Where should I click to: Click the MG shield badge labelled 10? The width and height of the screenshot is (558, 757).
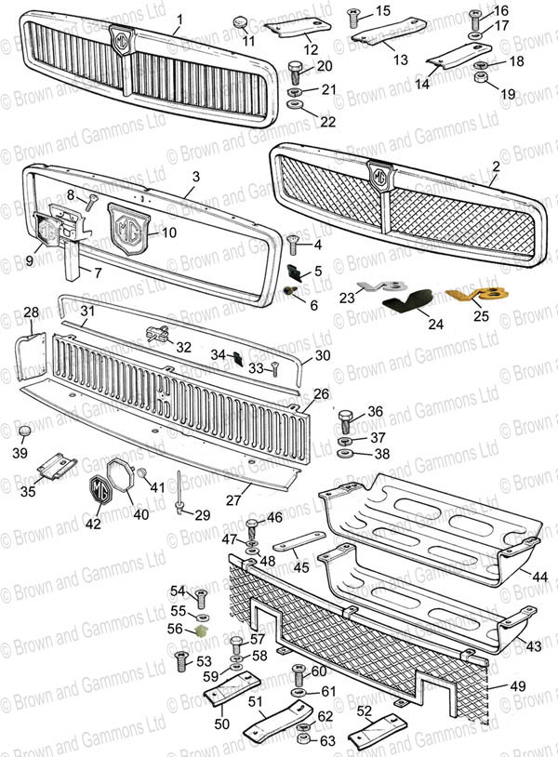(129, 226)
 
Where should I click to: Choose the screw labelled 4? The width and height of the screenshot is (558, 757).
(294, 244)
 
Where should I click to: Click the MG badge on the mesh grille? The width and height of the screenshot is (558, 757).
(379, 176)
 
